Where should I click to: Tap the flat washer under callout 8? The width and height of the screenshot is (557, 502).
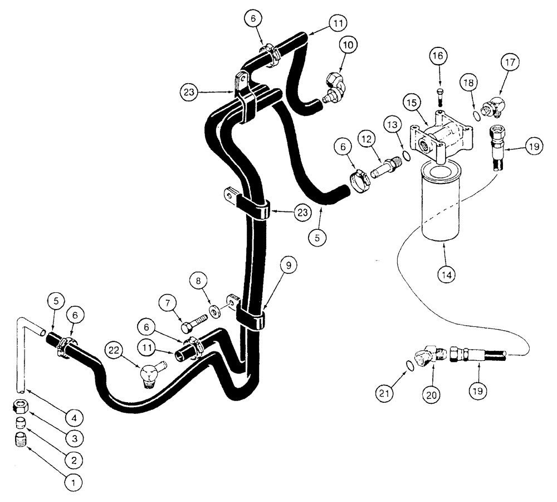214,310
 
